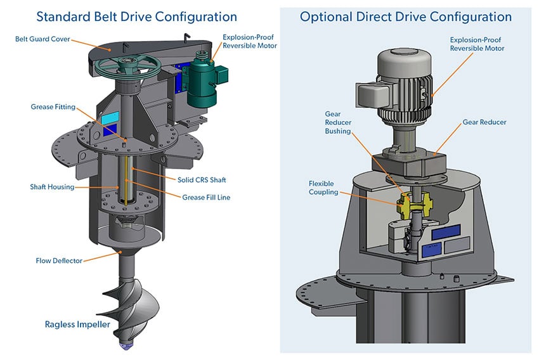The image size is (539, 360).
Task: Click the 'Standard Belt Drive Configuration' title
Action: (x=136, y=16)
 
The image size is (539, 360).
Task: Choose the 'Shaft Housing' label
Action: (x=52, y=187)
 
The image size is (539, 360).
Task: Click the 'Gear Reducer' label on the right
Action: (x=484, y=122)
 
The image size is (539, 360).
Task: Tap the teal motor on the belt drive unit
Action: (x=203, y=85)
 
